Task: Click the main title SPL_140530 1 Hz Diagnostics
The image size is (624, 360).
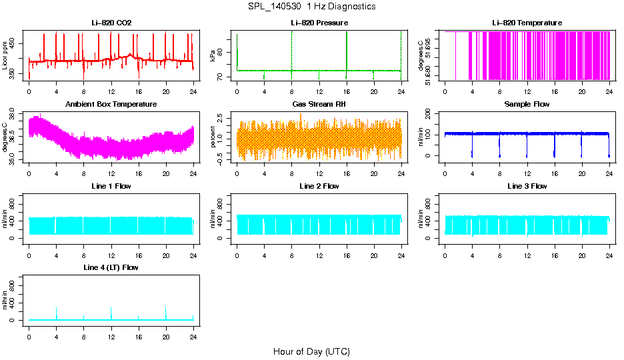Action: click(x=311, y=6)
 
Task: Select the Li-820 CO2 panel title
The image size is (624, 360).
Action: click(x=111, y=23)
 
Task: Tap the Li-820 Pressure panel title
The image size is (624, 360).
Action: click(x=319, y=23)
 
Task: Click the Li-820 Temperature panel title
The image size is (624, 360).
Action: click(x=527, y=23)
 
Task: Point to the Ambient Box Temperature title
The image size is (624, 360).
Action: click(x=111, y=105)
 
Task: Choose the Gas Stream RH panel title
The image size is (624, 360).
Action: click(x=319, y=105)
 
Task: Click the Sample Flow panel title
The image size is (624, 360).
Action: click(x=527, y=105)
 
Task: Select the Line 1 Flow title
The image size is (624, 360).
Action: click(x=111, y=186)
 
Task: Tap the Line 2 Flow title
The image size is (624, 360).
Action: click(x=319, y=186)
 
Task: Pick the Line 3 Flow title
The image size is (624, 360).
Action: click(x=527, y=186)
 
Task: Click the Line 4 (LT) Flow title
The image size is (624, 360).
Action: click(x=111, y=267)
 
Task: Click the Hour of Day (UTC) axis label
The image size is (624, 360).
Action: click(x=311, y=351)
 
